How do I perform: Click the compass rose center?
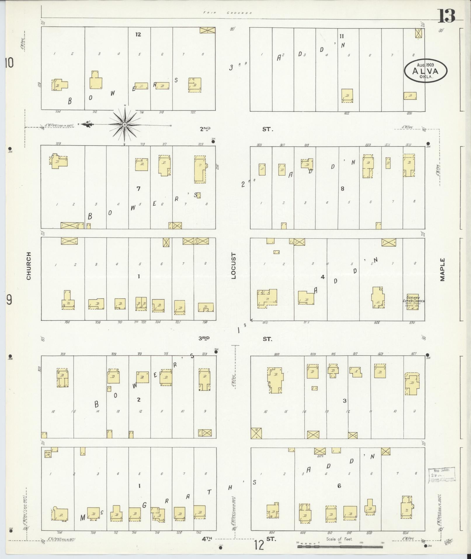click(125, 125)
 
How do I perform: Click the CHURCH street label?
click(29, 266)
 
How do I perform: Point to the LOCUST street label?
click(234, 266)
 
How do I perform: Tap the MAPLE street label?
click(443, 269)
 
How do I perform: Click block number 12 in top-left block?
click(138, 34)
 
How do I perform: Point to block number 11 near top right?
click(342, 36)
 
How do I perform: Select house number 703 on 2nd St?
click(58, 144)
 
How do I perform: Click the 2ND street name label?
click(205, 129)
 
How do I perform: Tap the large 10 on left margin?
click(9, 63)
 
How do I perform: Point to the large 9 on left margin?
click(9, 300)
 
